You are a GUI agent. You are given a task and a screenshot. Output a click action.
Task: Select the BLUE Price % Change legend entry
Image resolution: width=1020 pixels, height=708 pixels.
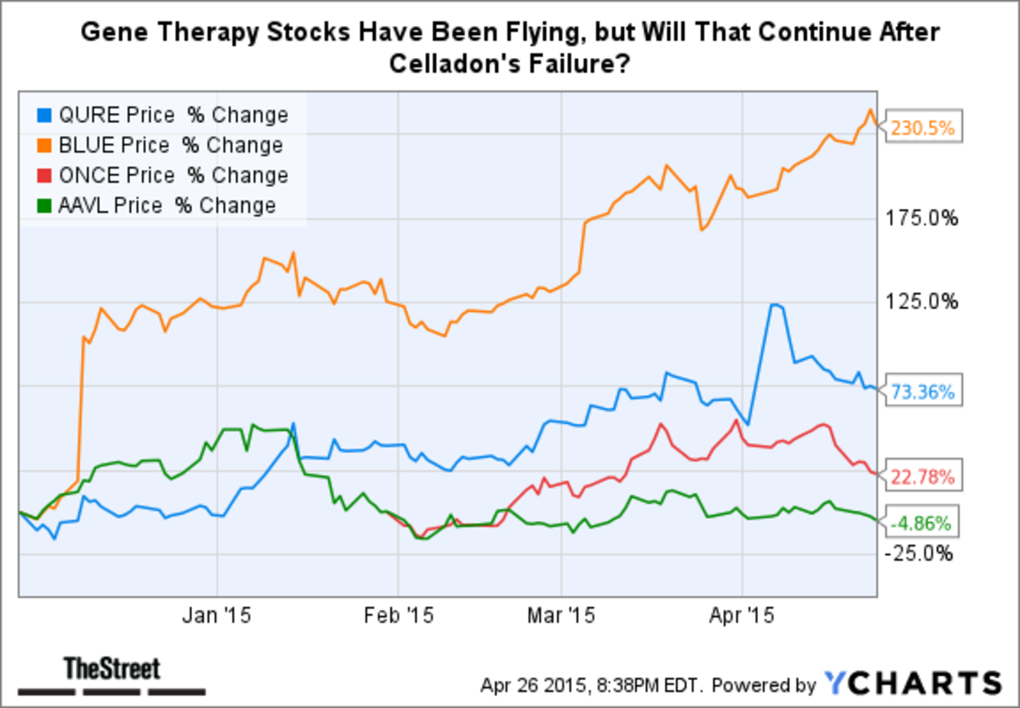pos(161,145)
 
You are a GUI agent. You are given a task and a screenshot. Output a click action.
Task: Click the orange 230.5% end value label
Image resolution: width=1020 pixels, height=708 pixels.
pos(924,129)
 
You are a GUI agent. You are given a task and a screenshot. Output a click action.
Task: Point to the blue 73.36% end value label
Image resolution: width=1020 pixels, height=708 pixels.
pos(924,392)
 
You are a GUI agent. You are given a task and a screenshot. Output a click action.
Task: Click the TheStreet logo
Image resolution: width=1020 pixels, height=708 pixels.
pos(112,670)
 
